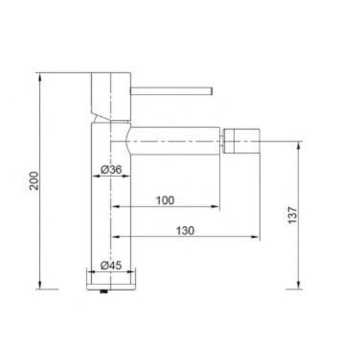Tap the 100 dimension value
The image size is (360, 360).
(x=165, y=199)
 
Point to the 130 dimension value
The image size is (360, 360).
(x=184, y=230)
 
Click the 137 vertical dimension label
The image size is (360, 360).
(x=292, y=215)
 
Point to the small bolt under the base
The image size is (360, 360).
(x=103, y=292)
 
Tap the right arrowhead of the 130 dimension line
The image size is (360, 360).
(x=257, y=237)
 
